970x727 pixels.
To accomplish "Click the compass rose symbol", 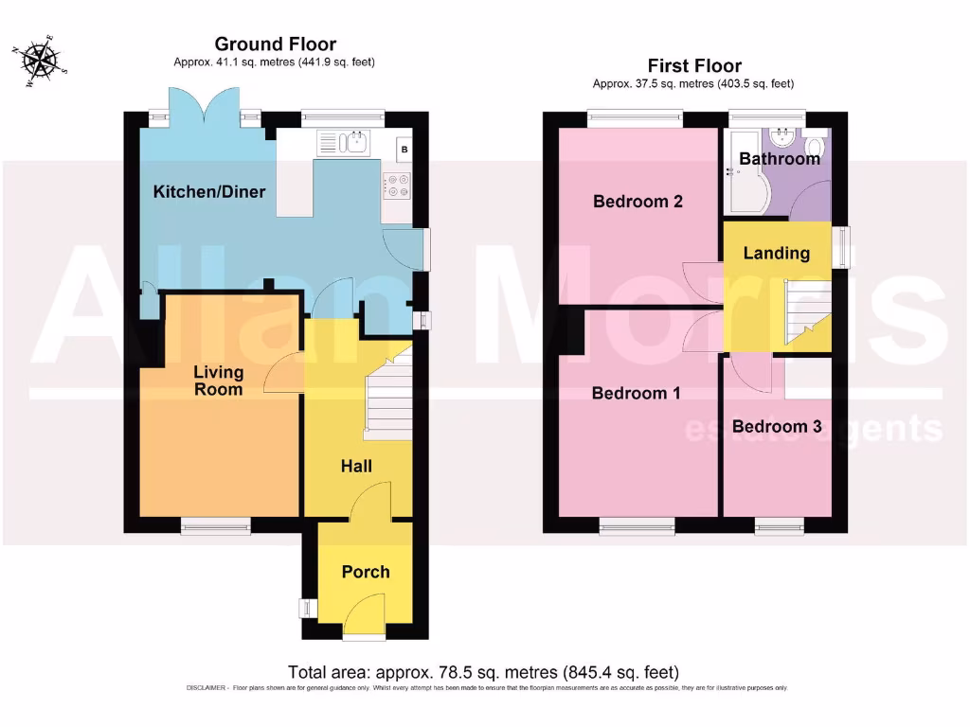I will tap(41, 62).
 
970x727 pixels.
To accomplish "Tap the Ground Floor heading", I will tap(275, 44).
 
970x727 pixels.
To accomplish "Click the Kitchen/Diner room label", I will tap(209, 192).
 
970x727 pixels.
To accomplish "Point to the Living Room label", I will tap(219, 381).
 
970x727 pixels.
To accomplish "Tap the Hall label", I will tap(356, 466).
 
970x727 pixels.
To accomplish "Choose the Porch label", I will tap(365, 572).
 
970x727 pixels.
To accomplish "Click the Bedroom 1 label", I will tap(636, 393).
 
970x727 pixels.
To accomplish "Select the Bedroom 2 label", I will tap(638, 202).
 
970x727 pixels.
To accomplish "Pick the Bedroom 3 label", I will tap(777, 427).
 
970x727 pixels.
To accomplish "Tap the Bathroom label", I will tap(779, 159).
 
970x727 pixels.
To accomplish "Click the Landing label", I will tap(776, 253).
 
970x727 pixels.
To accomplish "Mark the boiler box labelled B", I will tap(404, 149).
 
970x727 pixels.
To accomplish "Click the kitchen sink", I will tap(357, 143).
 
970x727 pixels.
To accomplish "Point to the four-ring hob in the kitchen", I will tap(397, 186).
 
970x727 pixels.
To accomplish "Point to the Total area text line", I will tap(483, 673).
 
